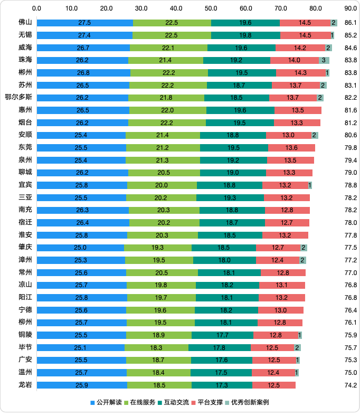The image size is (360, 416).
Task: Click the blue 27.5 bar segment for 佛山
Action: coord(84,23)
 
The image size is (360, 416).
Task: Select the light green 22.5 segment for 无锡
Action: coord(172,35)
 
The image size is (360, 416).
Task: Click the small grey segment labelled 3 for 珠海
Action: coord(324,60)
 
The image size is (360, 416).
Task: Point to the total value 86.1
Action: coord(350,23)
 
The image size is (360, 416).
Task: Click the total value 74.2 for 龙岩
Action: coord(350,385)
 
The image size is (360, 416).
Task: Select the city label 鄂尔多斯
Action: coord(18,98)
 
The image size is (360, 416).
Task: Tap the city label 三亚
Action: coord(25,197)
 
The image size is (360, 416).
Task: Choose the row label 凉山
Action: coord(25,285)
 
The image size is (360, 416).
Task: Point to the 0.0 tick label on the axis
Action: coord(37,8)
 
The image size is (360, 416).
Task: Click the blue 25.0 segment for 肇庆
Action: coord(80,248)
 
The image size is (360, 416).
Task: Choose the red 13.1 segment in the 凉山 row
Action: coord(282,285)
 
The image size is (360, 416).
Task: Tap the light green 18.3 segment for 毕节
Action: coord(156,347)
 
